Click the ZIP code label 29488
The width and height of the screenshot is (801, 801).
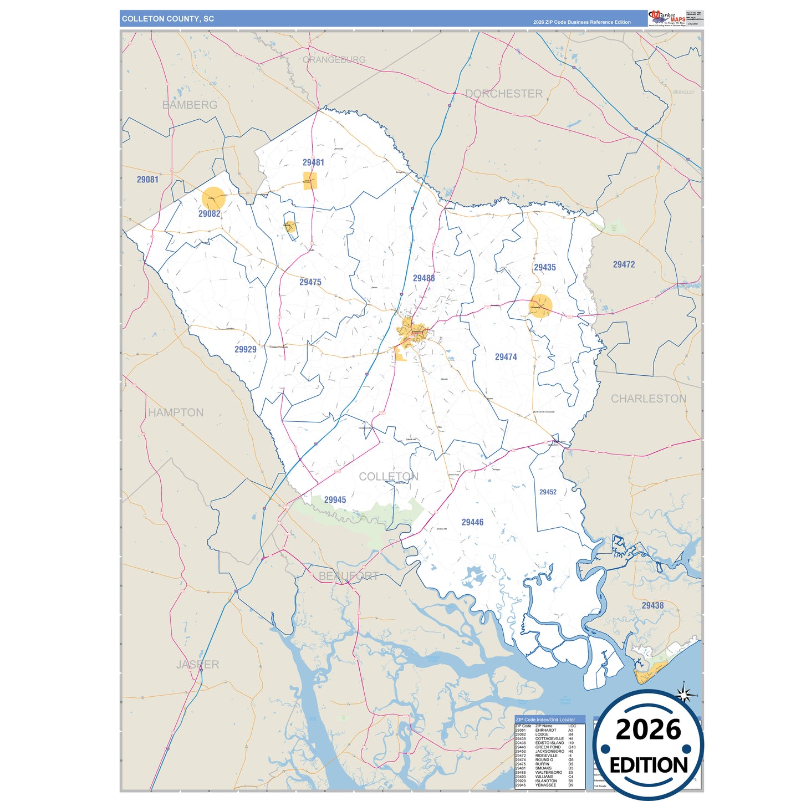(x=424, y=278)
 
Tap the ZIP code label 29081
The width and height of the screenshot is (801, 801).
(x=147, y=180)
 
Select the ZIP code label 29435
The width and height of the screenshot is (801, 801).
(x=544, y=267)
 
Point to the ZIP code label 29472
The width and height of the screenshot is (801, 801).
(x=624, y=265)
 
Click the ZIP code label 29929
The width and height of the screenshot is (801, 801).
(x=245, y=349)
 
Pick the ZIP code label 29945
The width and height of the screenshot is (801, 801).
(x=335, y=500)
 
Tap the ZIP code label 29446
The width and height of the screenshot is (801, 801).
(x=472, y=522)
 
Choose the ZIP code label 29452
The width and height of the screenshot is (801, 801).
(x=548, y=492)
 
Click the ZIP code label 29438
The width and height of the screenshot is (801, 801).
(x=652, y=606)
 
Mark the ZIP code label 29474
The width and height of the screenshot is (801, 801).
(x=506, y=357)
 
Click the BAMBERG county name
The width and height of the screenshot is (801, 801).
(x=190, y=105)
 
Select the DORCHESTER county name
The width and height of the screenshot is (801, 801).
(x=503, y=94)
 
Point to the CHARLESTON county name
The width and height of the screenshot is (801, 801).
(x=649, y=399)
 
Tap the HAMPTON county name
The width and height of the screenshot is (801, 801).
(x=176, y=412)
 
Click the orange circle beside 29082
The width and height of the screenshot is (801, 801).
(x=213, y=198)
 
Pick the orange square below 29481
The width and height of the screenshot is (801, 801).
(x=310, y=181)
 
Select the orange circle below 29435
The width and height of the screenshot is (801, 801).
(x=540, y=306)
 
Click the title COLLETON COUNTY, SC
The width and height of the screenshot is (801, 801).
(x=167, y=19)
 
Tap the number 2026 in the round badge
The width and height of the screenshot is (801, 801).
(x=648, y=729)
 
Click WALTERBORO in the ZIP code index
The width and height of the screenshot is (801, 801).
(x=548, y=772)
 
